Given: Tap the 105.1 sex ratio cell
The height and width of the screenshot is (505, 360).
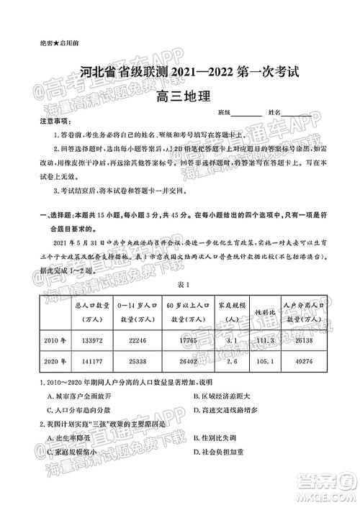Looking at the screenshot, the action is pos(265,362).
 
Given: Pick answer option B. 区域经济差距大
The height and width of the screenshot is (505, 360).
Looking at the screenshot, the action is pos(226,396).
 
